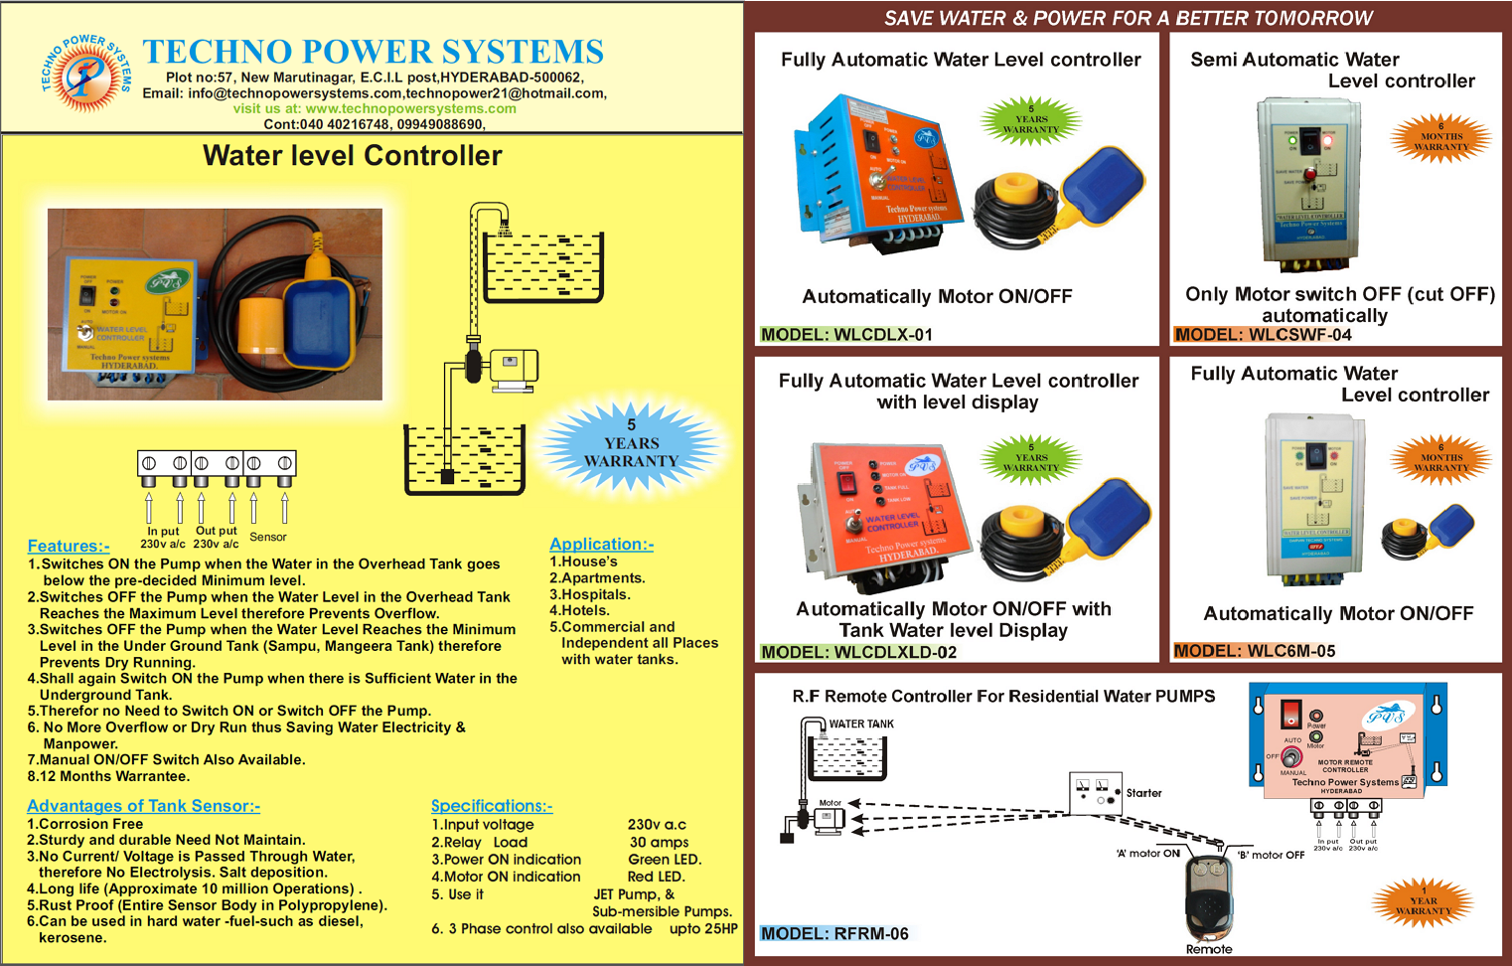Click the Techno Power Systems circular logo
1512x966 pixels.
(x=85, y=73)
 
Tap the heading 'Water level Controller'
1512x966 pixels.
(x=353, y=156)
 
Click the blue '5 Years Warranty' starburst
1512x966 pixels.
(x=631, y=443)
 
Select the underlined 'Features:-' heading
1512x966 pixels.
(x=69, y=546)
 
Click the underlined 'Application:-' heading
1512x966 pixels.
(x=601, y=544)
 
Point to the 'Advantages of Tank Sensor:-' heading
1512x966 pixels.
(x=143, y=806)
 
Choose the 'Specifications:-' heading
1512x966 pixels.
(x=492, y=806)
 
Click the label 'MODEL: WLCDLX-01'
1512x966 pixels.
(x=846, y=335)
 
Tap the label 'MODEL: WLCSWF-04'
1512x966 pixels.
(x=1263, y=335)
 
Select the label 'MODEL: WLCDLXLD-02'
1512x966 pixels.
(x=858, y=652)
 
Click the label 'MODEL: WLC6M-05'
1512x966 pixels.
(x=1254, y=651)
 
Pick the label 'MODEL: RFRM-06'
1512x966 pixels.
(x=834, y=933)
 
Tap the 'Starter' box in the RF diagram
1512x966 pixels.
(x=1096, y=793)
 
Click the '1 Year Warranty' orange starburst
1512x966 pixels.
(x=1423, y=901)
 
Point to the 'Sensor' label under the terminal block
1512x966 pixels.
(x=267, y=537)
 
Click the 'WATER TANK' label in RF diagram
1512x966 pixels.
(x=861, y=724)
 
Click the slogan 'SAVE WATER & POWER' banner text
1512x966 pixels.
(x=1129, y=18)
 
